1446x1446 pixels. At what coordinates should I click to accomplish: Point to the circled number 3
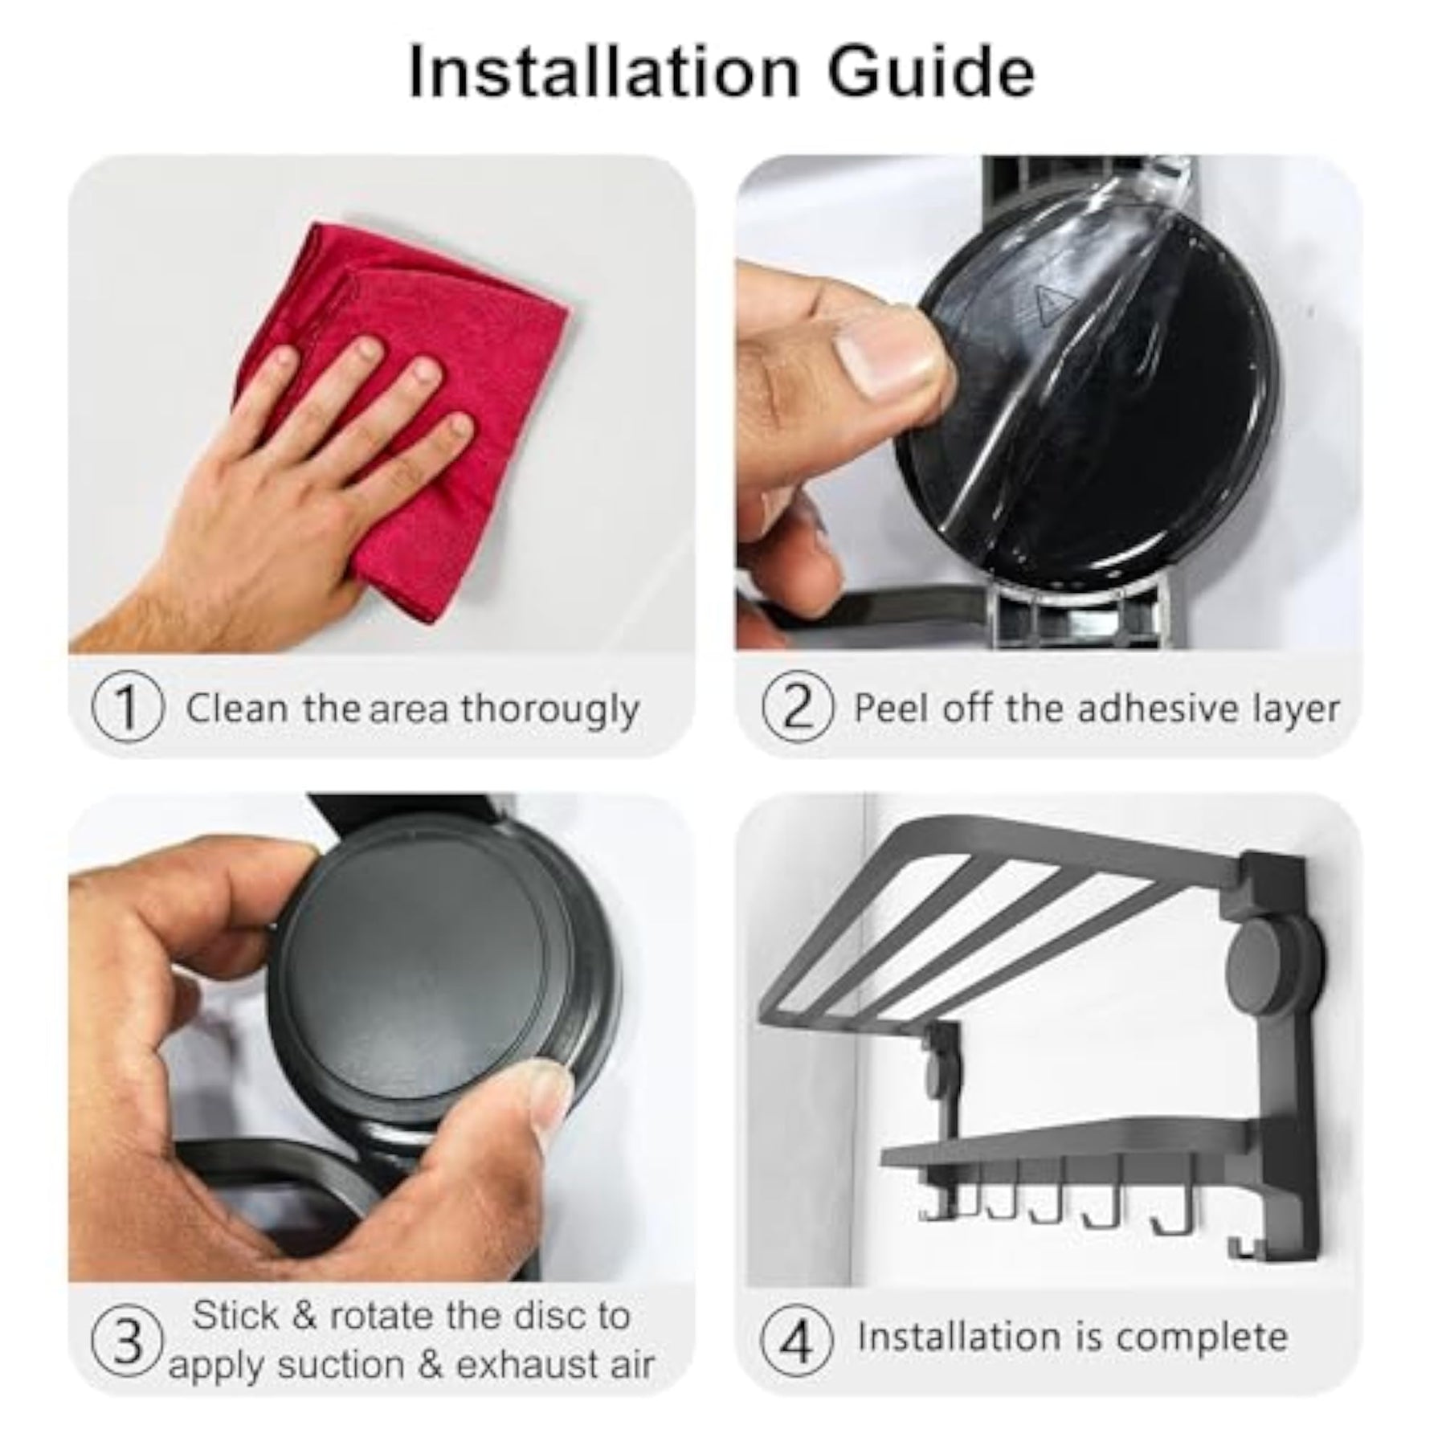(128, 1343)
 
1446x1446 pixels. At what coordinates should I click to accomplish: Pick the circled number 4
(796, 1343)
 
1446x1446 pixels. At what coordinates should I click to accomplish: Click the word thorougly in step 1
(550, 710)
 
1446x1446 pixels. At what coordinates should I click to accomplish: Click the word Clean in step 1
(237, 709)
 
